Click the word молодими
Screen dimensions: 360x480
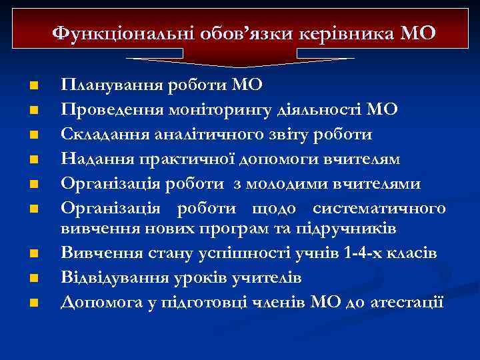click(297, 183)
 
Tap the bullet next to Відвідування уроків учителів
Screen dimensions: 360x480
click(33, 278)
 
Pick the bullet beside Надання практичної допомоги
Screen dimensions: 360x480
click(33, 159)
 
